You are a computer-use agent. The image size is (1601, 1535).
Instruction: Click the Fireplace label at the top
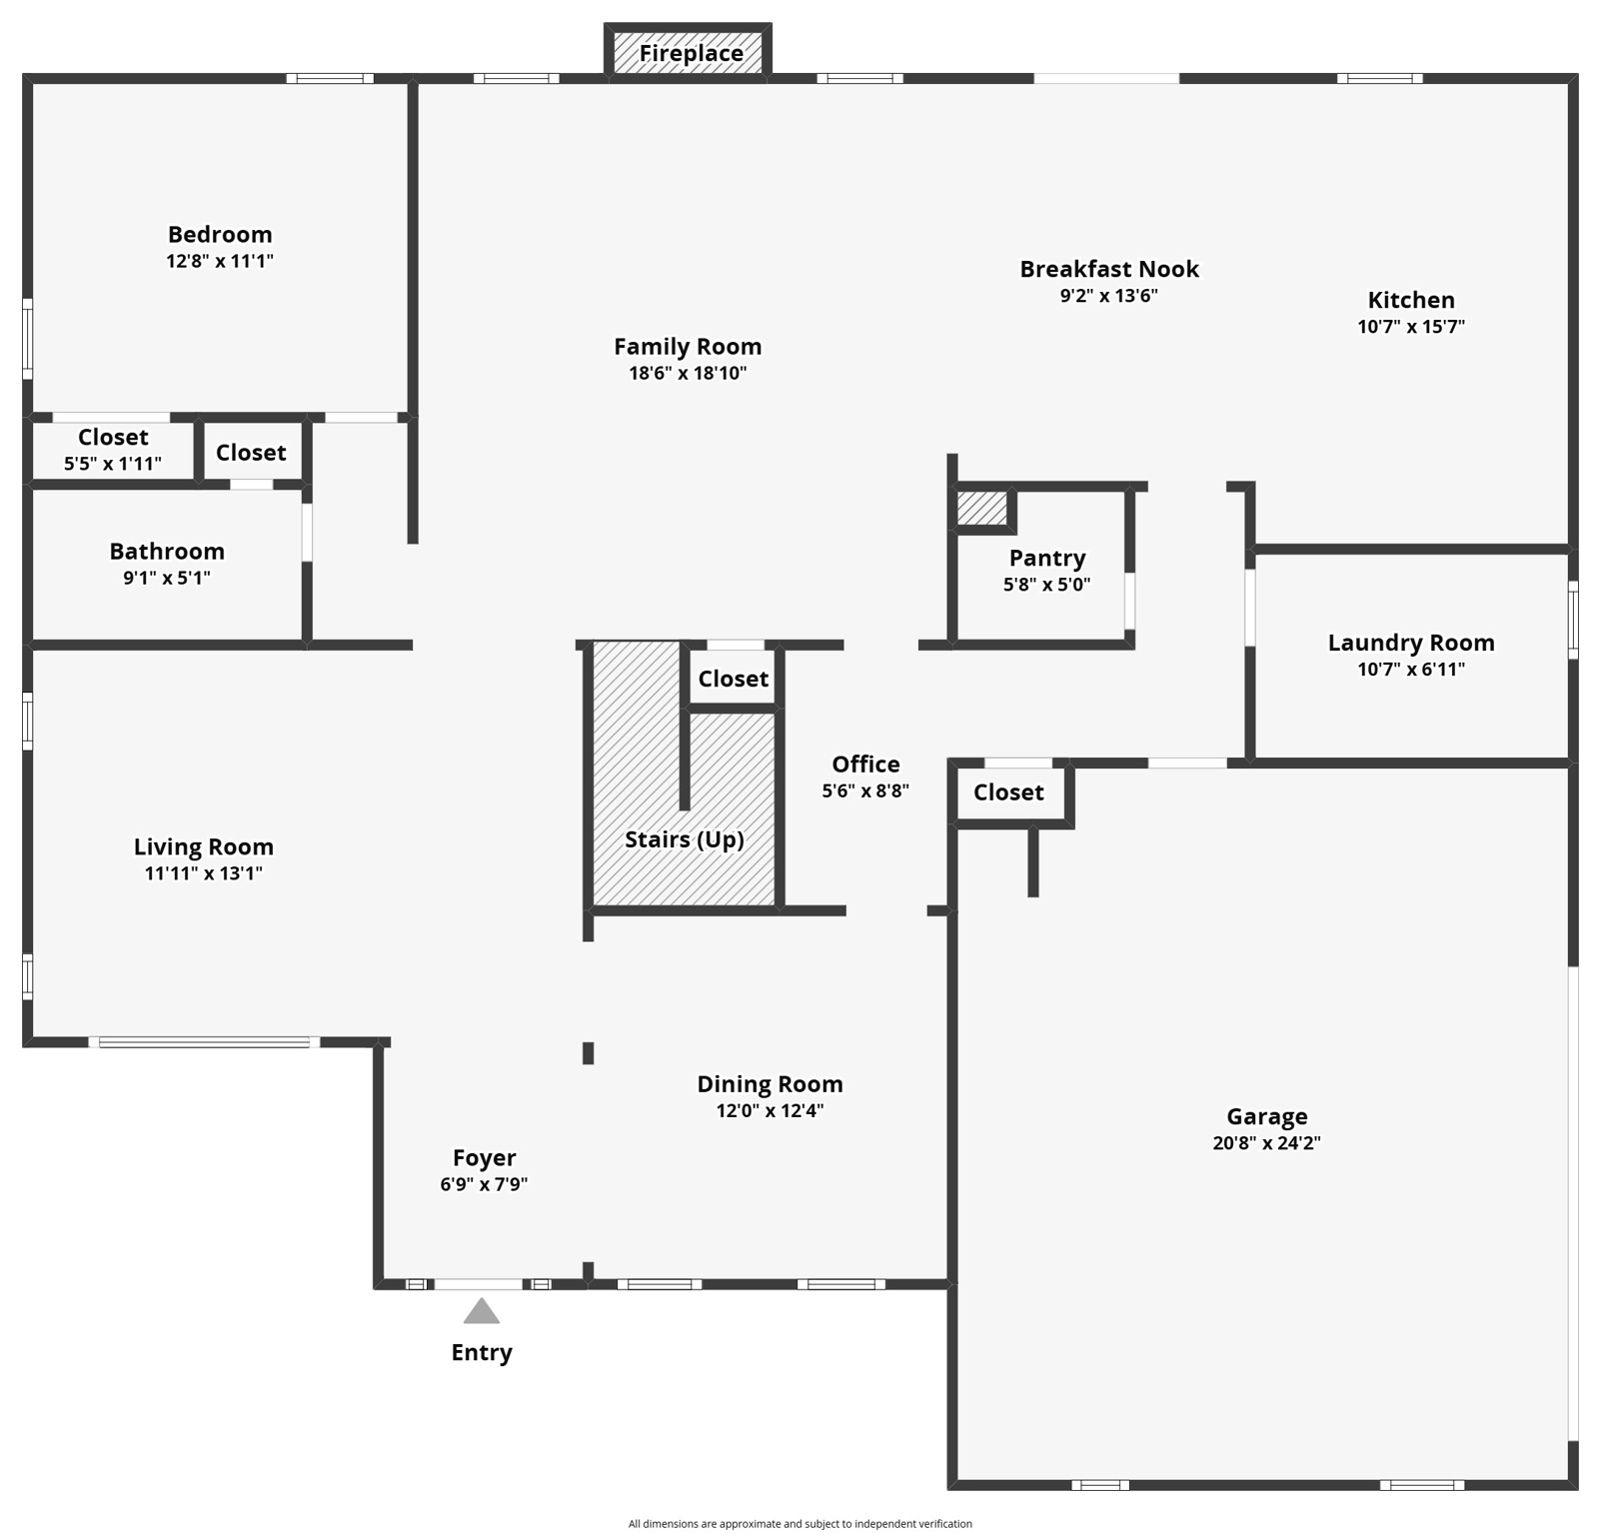(691, 53)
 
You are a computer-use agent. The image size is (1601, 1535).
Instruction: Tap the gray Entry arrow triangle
(481, 1312)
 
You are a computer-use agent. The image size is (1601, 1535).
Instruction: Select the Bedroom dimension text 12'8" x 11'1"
(220, 261)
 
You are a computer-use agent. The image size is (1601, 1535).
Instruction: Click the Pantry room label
(1046, 558)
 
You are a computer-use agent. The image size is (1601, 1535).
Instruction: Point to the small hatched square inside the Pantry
(981, 508)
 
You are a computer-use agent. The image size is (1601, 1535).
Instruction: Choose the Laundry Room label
(1410, 643)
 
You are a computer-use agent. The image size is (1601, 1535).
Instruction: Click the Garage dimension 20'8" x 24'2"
(1266, 1143)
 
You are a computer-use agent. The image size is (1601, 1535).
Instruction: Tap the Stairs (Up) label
(685, 839)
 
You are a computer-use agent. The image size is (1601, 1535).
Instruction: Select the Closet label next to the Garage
(1007, 792)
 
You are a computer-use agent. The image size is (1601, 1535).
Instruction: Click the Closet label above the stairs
(733, 679)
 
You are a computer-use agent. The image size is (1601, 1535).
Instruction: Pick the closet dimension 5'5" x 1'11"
(113, 464)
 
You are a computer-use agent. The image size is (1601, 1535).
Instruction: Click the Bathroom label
(167, 551)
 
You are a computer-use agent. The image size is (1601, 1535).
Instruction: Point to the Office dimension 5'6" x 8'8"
(865, 790)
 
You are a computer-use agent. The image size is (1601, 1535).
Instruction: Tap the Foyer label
(484, 1157)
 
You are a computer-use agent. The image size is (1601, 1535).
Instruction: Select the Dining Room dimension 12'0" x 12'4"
(770, 1110)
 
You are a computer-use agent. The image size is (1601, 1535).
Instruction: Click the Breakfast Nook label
(1108, 269)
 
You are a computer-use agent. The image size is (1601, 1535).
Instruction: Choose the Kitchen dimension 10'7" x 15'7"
(1410, 327)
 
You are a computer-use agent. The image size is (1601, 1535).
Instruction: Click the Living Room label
(204, 846)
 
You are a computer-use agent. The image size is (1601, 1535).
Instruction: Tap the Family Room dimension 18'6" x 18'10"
(688, 374)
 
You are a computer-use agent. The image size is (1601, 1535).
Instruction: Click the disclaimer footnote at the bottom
(800, 1524)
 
